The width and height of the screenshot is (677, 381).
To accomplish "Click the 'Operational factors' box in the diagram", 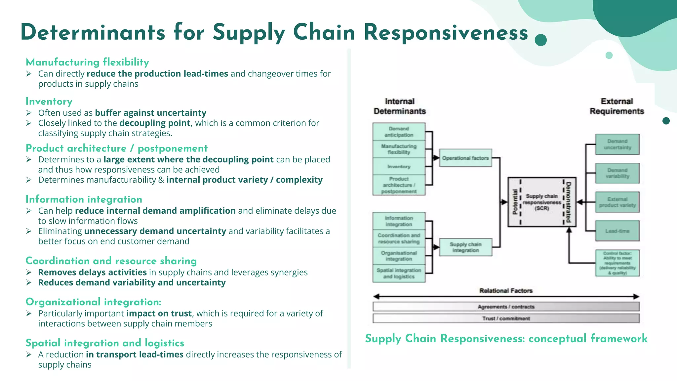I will tap(465, 158).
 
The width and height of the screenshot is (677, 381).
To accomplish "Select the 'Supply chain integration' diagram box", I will tap(465, 247).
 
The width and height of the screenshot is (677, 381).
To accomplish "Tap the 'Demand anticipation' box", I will tap(399, 132).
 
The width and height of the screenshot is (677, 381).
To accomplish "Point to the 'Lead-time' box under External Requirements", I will tap(617, 231).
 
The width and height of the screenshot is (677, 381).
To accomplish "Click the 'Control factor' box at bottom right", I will tap(617, 263).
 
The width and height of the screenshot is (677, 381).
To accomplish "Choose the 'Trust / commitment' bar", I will tap(506, 318).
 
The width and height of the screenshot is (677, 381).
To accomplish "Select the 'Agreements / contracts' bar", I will tap(506, 307).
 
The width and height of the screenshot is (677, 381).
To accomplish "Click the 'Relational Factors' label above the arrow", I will tap(506, 291).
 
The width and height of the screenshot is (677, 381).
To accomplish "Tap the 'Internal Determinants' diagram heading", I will tap(399, 106).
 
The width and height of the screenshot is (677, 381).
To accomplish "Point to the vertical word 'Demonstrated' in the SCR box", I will tap(568, 202).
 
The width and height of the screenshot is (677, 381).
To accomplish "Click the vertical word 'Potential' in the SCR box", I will tap(515, 202).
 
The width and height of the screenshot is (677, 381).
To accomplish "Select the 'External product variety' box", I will tap(617, 202).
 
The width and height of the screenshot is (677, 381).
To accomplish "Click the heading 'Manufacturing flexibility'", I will tap(87, 62).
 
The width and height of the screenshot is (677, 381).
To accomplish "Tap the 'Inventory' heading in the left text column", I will tap(49, 102).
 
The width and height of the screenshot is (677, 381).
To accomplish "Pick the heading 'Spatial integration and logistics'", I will tap(105, 343).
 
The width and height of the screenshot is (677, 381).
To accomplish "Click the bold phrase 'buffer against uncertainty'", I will tap(150, 113).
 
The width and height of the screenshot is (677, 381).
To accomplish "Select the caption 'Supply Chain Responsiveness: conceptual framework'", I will tap(506, 339).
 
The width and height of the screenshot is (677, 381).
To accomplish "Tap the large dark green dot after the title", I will tap(540, 40).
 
